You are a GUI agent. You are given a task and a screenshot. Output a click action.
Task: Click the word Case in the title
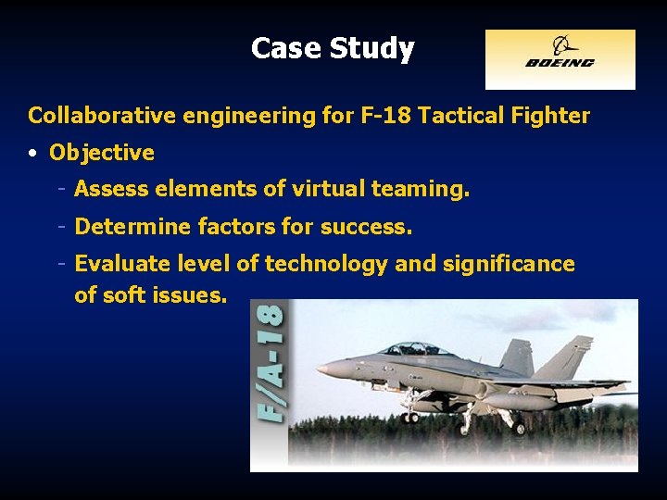pos(282,48)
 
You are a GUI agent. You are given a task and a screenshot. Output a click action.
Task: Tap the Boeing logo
pos(560,59)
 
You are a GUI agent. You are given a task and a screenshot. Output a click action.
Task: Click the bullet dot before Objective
pos(32,153)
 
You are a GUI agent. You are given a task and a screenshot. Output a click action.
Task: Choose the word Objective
pos(101,153)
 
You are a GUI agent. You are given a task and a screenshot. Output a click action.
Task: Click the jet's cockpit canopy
pos(413,350)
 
